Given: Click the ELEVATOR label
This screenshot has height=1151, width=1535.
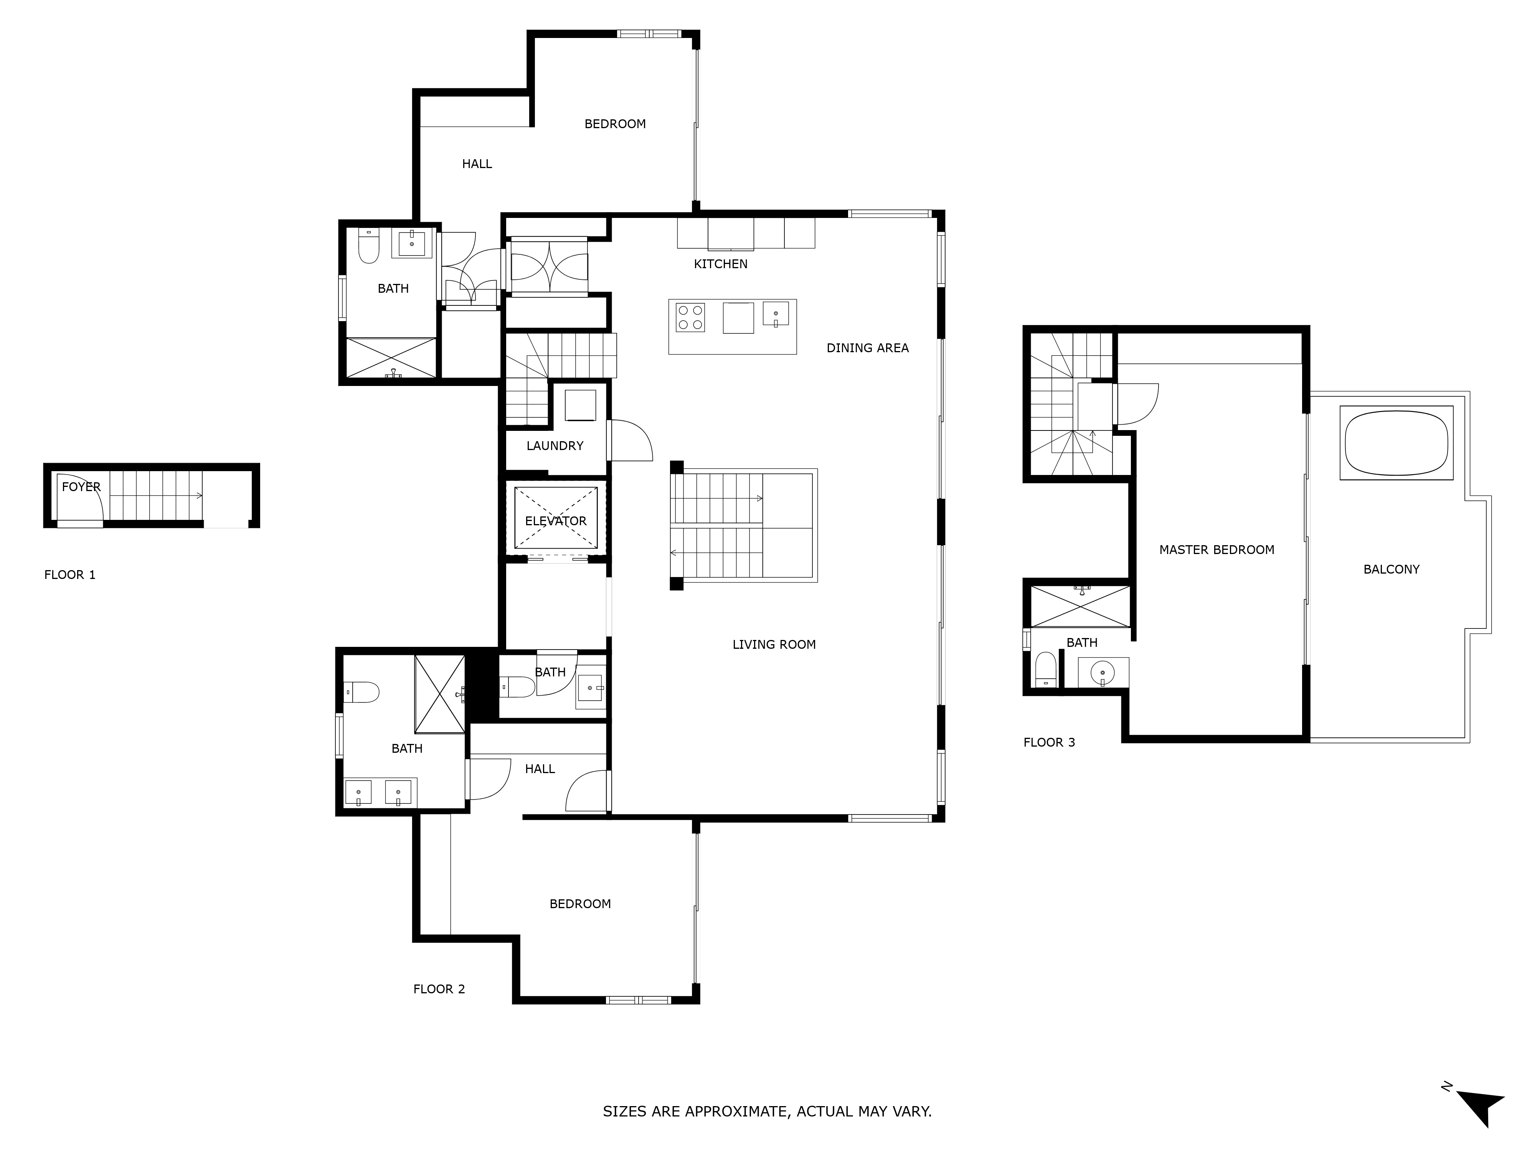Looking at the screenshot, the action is pos(556,521).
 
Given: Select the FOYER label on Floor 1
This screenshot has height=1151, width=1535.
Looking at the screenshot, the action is pos(81,487).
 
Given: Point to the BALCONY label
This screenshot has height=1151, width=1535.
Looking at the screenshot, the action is pos(1391,570).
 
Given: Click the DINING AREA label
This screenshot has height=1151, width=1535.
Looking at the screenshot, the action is pos(867,348).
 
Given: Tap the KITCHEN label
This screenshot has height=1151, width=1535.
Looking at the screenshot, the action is pos(720,264).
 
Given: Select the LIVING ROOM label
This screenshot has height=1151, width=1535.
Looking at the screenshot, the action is pos(774,645).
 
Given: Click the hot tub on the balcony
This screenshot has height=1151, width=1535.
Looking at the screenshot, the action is pos(1396,443).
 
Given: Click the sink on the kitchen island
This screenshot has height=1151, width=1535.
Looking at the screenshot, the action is pos(776,313).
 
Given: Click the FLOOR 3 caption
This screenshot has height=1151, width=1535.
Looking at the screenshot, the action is pos(1049,742).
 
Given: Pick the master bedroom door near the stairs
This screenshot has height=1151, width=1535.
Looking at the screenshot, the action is pos(1137,404).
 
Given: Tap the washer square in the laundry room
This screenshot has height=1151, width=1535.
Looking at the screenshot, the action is pos(580,405).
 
